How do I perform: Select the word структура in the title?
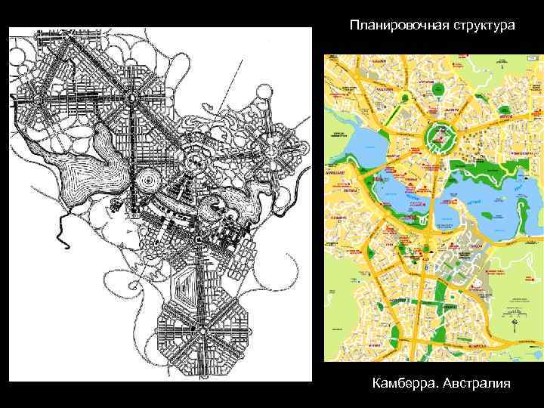click(484, 26)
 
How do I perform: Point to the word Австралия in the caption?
click(475, 384)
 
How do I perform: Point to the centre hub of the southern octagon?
click(202, 330)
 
